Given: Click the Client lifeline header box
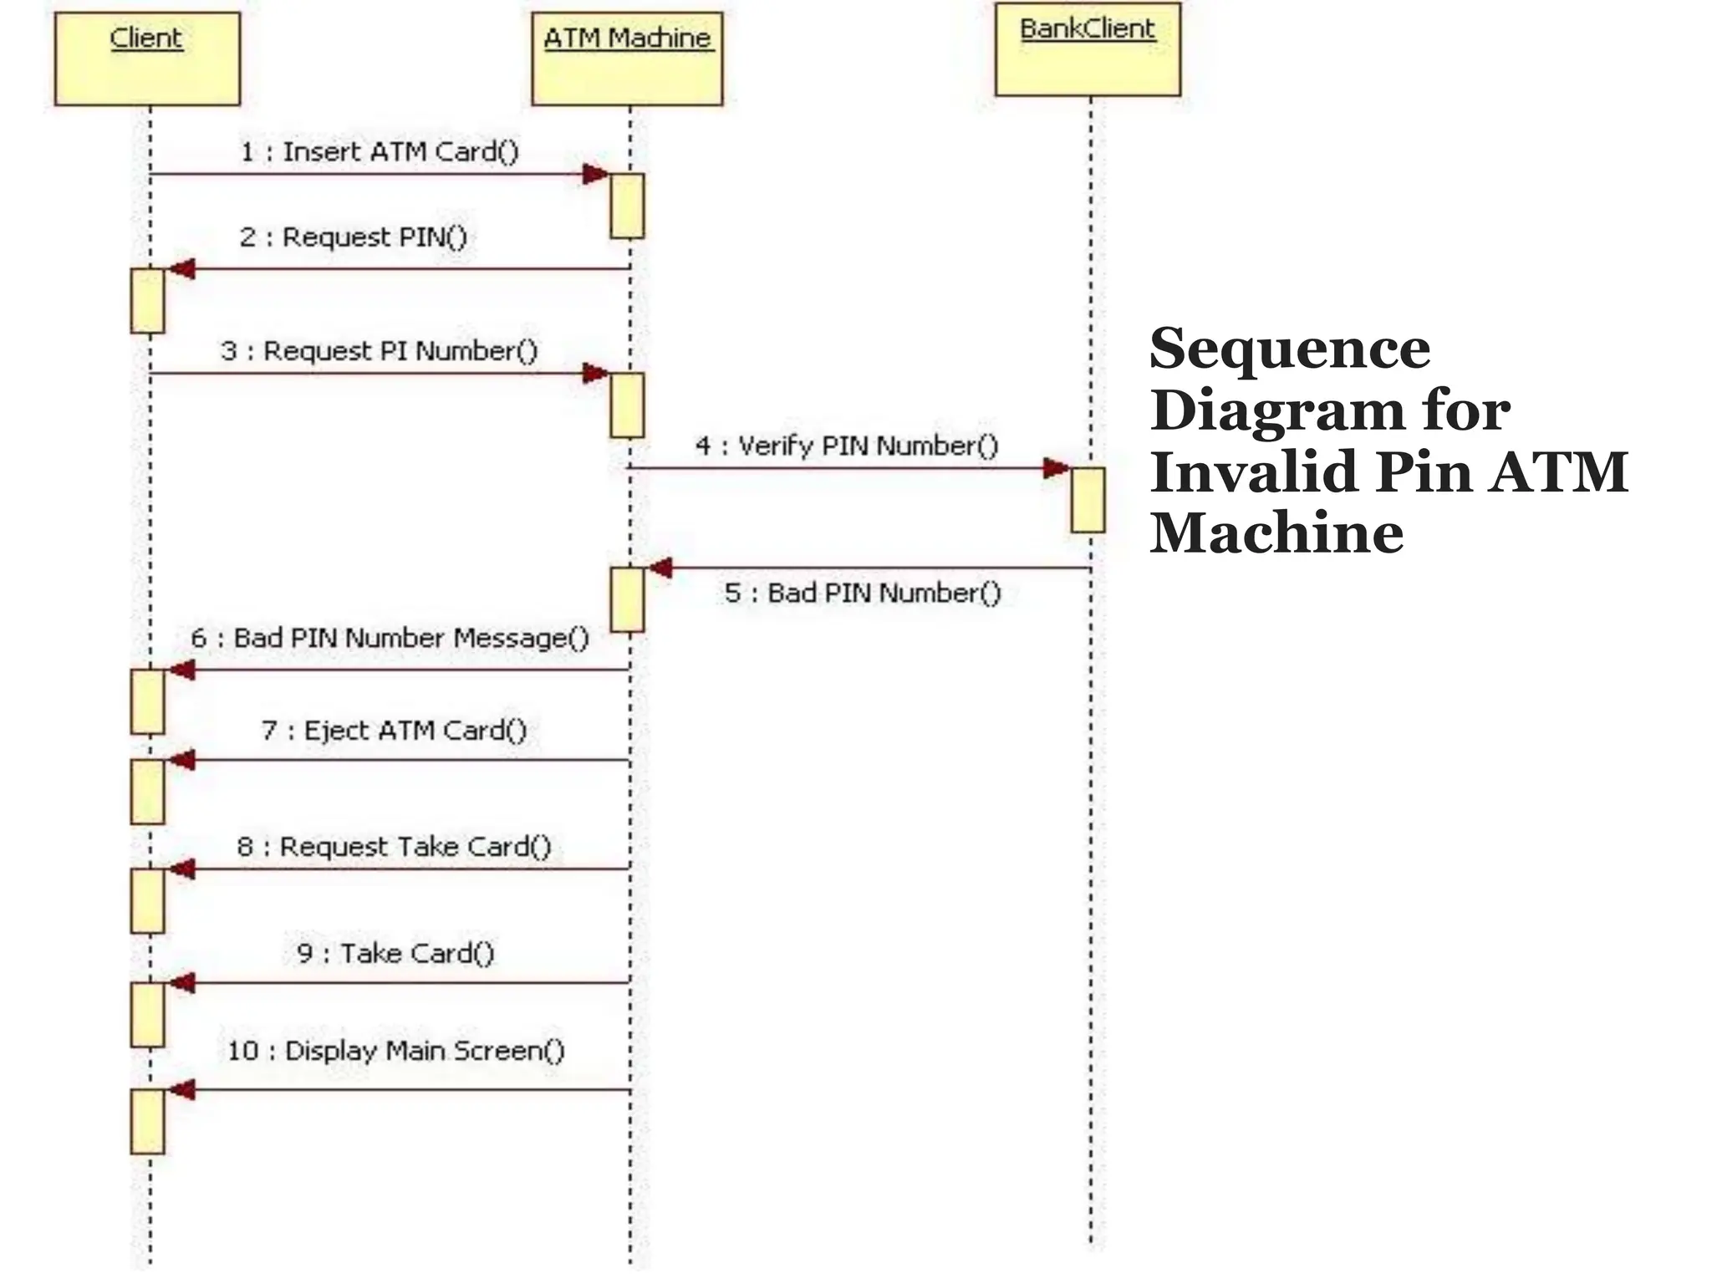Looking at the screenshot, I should tap(147, 59).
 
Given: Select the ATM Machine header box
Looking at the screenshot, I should tap(627, 59).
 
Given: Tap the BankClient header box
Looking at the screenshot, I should tap(1088, 49).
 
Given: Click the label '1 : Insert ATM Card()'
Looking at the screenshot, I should tap(380, 152).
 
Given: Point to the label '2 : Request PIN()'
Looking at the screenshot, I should tap(353, 237).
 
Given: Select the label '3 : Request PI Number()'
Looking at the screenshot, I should tap(379, 351).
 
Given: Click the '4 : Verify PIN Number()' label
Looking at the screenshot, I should tap(846, 446).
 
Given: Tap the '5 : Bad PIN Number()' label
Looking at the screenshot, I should tap(862, 594).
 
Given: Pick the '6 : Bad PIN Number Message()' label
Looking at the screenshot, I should tap(390, 639).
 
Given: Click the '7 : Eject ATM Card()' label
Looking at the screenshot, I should tap(394, 731).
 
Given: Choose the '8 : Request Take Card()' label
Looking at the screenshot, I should tap(394, 847).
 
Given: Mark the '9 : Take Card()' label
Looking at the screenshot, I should tap(395, 954).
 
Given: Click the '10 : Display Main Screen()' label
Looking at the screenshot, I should tap(395, 1051).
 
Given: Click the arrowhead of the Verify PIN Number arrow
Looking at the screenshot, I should tap(1057, 468).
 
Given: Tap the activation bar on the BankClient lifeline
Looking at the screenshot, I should tap(1088, 500).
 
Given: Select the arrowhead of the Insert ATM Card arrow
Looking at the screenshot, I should tap(596, 174).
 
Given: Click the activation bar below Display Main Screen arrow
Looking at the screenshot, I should tap(147, 1121).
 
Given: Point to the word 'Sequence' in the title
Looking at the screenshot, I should tap(1289, 349).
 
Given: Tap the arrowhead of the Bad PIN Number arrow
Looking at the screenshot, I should tap(660, 568).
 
